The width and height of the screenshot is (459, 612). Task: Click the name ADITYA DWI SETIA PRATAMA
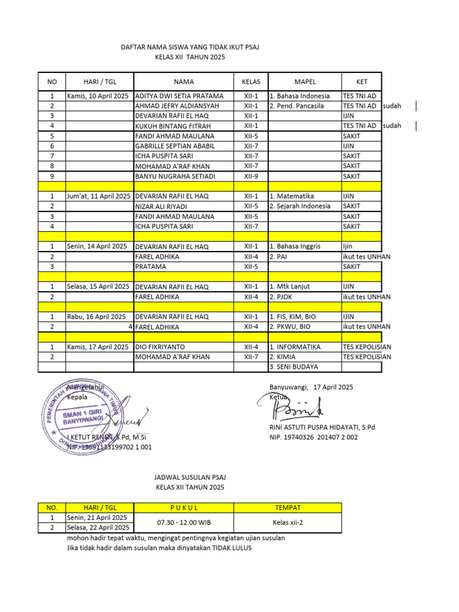pyautogui.click(x=179, y=96)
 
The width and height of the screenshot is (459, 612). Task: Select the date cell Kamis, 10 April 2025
pyautogui.click(x=97, y=96)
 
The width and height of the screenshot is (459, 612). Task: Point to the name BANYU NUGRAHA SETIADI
pyautogui.click(x=176, y=176)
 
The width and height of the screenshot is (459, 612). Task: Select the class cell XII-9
pyautogui.click(x=251, y=176)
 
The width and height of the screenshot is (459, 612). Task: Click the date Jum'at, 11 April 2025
pyautogui.click(x=98, y=196)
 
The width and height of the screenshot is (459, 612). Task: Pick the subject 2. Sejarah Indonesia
pyautogui.click(x=300, y=206)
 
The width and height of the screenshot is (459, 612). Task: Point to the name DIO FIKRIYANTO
pyautogui.click(x=161, y=347)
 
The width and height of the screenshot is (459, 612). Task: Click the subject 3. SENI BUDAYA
pyautogui.click(x=294, y=366)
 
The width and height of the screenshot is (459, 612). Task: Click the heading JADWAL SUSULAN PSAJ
pyautogui.click(x=189, y=478)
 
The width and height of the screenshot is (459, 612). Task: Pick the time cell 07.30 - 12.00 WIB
pyautogui.click(x=183, y=522)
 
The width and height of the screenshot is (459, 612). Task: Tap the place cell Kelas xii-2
pyautogui.click(x=288, y=522)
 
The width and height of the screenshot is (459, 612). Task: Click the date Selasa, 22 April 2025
pyautogui.click(x=98, y=527)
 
